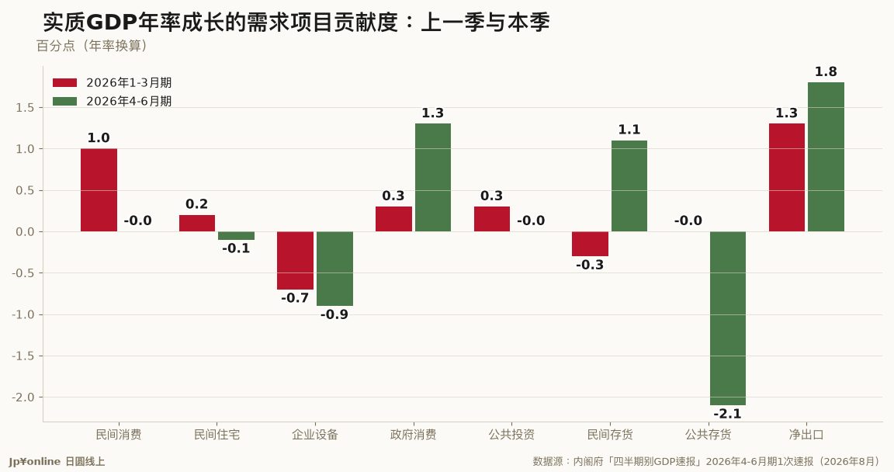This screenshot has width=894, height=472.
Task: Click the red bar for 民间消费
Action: (99, 190)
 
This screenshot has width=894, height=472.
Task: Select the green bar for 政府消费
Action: (433, 177)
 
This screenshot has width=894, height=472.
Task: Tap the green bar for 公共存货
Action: (727, 318)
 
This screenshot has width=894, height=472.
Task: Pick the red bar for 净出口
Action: (787, 177)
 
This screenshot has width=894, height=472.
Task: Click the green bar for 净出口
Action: (826, 157)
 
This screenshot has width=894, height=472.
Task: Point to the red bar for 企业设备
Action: (296, 261)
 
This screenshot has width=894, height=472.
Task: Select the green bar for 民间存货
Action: (629, 186)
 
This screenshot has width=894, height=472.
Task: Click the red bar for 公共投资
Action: (492, 219)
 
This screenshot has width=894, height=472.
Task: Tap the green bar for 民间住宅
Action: (236, 235)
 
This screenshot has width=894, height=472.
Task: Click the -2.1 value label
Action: (727, 414)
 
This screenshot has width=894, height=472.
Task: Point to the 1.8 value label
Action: (826, 72)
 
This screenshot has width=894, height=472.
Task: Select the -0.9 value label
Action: (334, 314)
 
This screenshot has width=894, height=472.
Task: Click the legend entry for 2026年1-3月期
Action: (113, 82)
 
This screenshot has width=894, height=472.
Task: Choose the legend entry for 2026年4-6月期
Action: (113, 101)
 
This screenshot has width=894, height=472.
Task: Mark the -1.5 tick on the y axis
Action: (23, 356)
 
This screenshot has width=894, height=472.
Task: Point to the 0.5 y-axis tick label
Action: (25, 190)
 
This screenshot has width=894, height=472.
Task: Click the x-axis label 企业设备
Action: (315, 435)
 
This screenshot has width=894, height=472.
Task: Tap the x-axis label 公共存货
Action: (708, 435)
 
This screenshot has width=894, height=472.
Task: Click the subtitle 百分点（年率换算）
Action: (93, 46)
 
